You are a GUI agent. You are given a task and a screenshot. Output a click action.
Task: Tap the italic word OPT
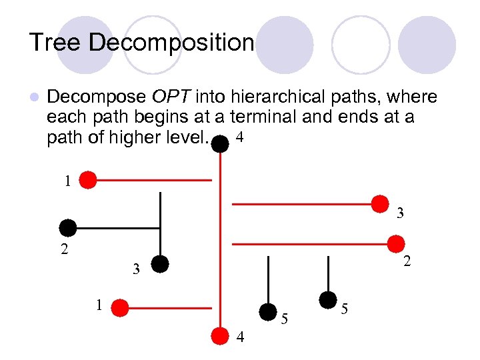170,97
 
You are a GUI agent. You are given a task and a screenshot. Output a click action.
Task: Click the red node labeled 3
380,203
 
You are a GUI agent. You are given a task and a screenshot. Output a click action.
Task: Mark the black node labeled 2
68,227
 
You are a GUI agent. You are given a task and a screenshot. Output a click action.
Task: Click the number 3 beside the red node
400,214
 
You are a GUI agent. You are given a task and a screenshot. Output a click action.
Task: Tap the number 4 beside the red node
241,338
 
